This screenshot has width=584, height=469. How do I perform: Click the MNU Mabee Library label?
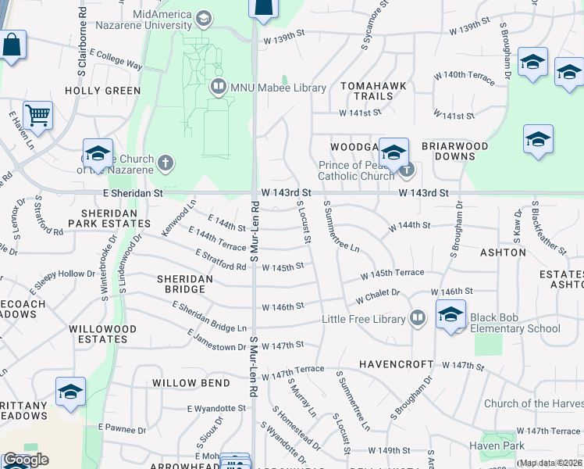pyautogui.click(x=278, y=88)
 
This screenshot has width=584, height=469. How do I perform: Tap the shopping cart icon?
pyautogui.click(x=37, y=116)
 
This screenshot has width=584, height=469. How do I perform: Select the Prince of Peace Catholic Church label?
pyautogui.click(x=356, y=170)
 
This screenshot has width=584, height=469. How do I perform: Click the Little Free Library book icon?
pyautogui.click(x=418, y=318)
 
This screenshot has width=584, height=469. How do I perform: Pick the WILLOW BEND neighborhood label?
pyautogui.click(x=191, y=383)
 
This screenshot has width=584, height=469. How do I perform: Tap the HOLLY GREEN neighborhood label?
pyautogui.click(x=102, y=91)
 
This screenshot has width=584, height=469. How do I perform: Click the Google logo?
pyautogui.click(x=25, y=460)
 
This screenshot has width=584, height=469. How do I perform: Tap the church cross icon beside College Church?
pyautogui.click(x=165, y=163)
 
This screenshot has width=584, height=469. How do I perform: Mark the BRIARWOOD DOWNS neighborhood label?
pyautogui.click(x=454, y=151)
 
